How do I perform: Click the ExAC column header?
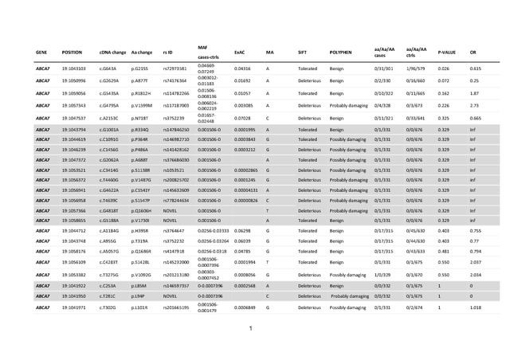coord(239,52)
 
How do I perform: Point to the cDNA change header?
coord(112,52)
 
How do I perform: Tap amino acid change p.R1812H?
coord(144,93)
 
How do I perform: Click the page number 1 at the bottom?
coord(250,327)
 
